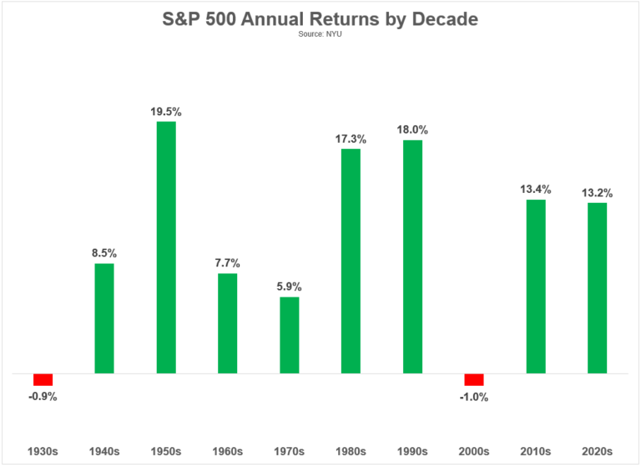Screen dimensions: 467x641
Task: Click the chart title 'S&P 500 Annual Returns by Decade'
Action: click(x=320, y=19)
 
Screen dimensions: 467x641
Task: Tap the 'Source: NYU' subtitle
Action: click(x=320, y=35)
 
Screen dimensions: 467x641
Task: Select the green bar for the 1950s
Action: click(x=166, y=247)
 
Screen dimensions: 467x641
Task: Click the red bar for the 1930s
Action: click(x=43, y=379)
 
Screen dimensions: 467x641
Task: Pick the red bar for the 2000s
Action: click(x=474, y=379)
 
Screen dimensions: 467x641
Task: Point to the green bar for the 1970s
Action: click(x=289, y=335)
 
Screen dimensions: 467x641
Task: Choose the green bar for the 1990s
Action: click(x=412, y=256)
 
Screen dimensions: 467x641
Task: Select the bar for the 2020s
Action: click(x=597, y=287)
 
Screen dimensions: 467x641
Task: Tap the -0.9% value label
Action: click(x=42, y=397)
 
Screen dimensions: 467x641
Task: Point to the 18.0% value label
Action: click(x=412, y=129)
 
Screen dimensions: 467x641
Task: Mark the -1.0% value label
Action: click(x=473, y=397)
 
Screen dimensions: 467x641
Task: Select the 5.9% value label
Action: click(x=289, y=285)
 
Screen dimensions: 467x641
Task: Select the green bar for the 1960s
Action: click(x=227, y=322)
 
